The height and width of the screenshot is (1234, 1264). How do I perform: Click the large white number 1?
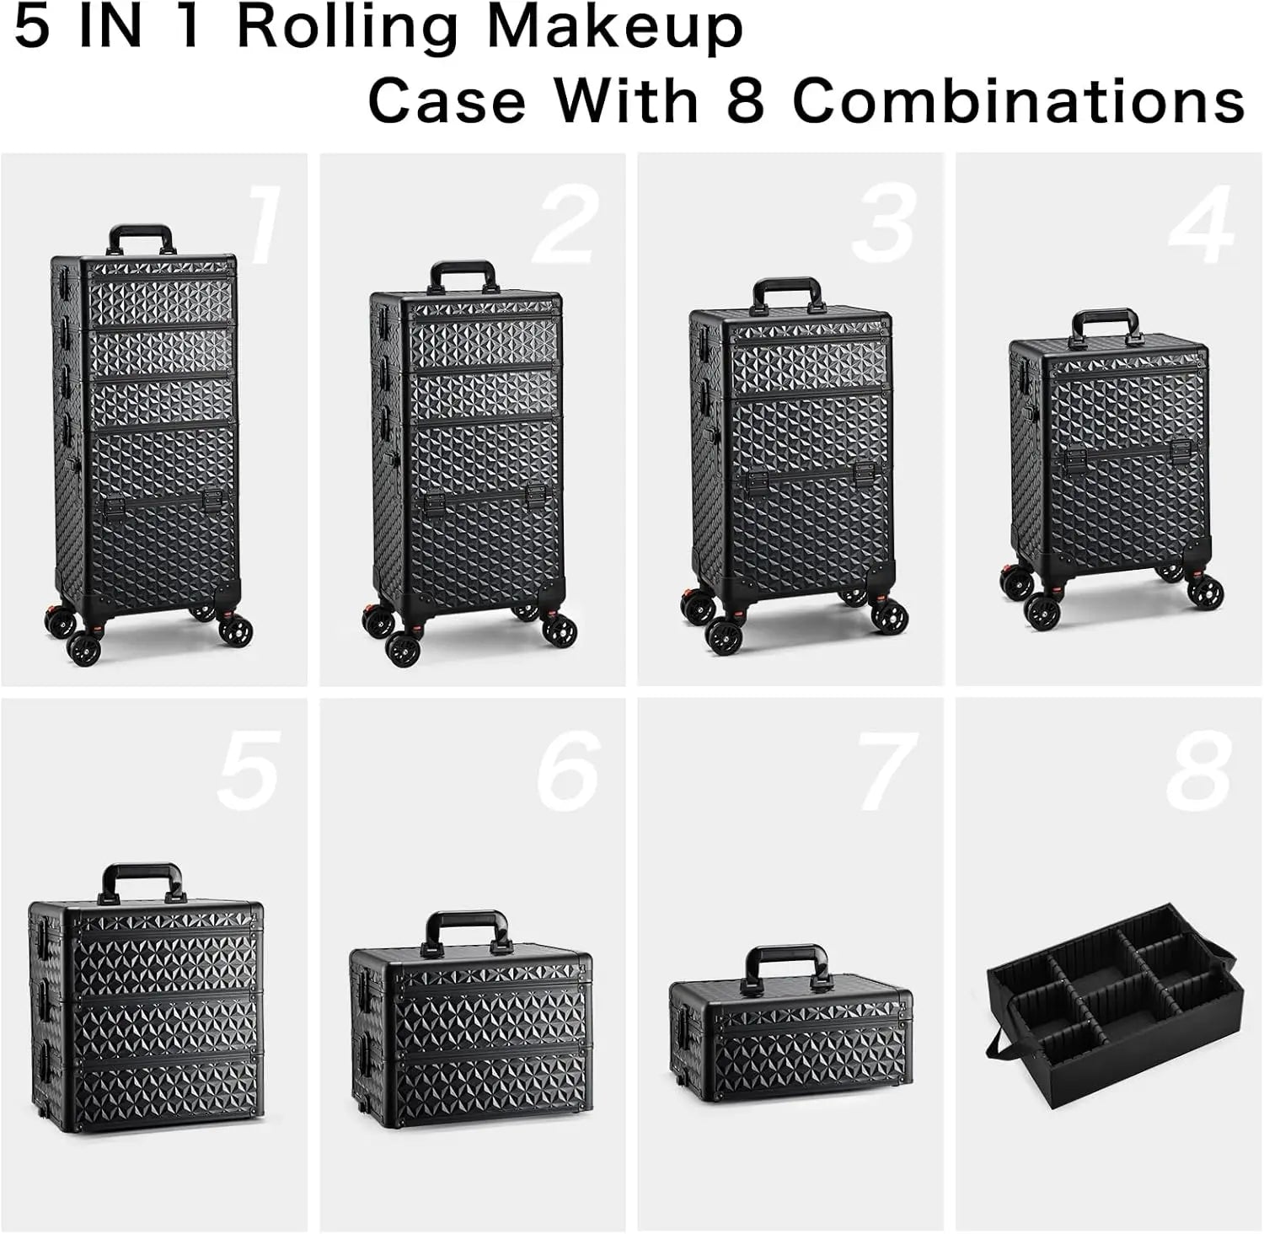(265, 226)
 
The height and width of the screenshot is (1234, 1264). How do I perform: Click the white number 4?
(1202, 226)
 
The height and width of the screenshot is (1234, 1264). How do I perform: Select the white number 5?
(248, 770)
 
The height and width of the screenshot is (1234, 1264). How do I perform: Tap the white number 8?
(1198, 770)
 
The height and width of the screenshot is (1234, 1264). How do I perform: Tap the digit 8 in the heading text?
(744, 101)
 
